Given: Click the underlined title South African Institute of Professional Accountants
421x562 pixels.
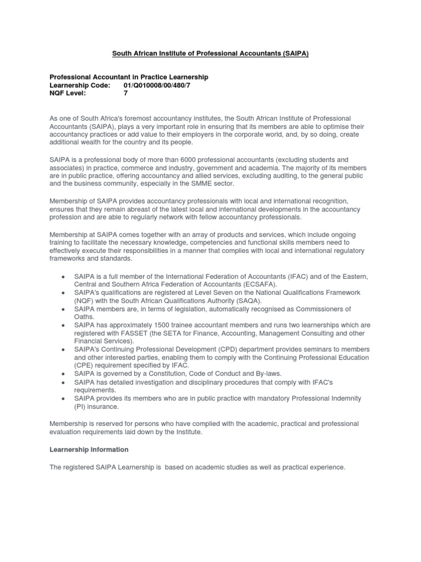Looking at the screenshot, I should click(210, 53).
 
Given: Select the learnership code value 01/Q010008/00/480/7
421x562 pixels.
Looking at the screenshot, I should click(158, 85).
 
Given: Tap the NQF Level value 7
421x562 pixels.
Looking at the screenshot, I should click(126, 93).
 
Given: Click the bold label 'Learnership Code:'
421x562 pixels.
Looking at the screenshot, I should click(79, 85).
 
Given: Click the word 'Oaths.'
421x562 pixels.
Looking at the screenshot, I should click(85, 317).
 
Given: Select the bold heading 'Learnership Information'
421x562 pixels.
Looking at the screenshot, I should click(89, 449).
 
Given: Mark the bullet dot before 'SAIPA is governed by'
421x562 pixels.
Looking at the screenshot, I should click(65, 373).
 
